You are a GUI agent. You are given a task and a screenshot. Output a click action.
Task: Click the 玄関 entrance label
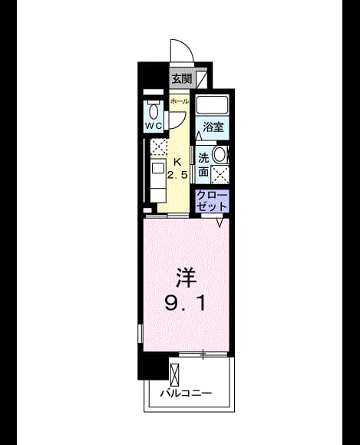[x=182, y=78]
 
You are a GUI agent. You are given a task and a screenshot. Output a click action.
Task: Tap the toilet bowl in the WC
[x=154, y=110]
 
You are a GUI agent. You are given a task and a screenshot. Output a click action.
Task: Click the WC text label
[x=154, y=125]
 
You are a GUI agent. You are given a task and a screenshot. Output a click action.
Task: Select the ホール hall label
[x=179, y=101]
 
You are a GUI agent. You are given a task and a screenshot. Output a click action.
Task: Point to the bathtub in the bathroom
[x=213, y=105]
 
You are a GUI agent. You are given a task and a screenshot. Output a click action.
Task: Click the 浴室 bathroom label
[x=213, y=127]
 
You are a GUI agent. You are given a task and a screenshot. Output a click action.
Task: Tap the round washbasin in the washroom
[x=220, y=155]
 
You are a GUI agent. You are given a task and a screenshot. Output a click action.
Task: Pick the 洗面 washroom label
[x=203, y=165]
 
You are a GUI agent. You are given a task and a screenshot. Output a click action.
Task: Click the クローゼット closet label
[x=213, y=201]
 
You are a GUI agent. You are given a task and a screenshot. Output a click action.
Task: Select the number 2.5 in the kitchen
[x=177, y=175]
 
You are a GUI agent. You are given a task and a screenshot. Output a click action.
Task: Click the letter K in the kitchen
[x=177, y=163]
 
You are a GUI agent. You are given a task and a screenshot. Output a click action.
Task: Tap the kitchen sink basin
[x=157, y=168]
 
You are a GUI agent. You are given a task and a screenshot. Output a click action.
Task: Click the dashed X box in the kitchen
[x=158, y=147]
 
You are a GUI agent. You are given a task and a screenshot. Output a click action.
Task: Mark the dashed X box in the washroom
[x=220, y=173]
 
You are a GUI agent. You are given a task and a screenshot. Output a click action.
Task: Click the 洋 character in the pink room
[x=186, y=277]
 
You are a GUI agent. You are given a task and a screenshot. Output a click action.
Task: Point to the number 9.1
[x=185, y=304]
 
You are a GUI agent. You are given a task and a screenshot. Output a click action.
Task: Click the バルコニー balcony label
[x=186, y=394]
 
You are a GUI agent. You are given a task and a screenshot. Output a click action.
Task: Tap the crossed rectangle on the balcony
[x=175, y=373]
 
